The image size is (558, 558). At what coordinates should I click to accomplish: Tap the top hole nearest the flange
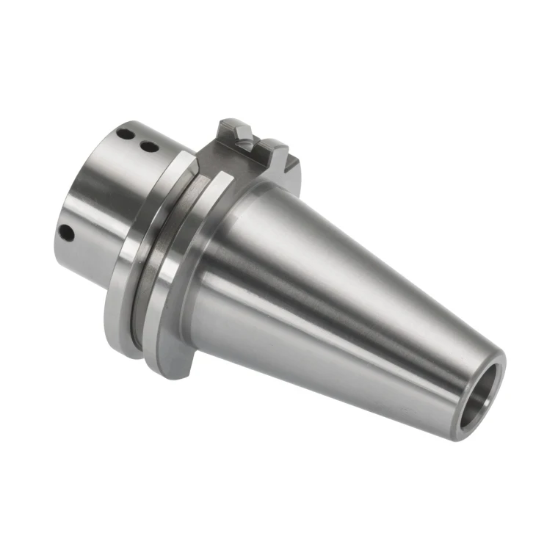click(148, 147)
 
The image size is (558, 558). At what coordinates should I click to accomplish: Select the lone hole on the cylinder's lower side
click(67, 233)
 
